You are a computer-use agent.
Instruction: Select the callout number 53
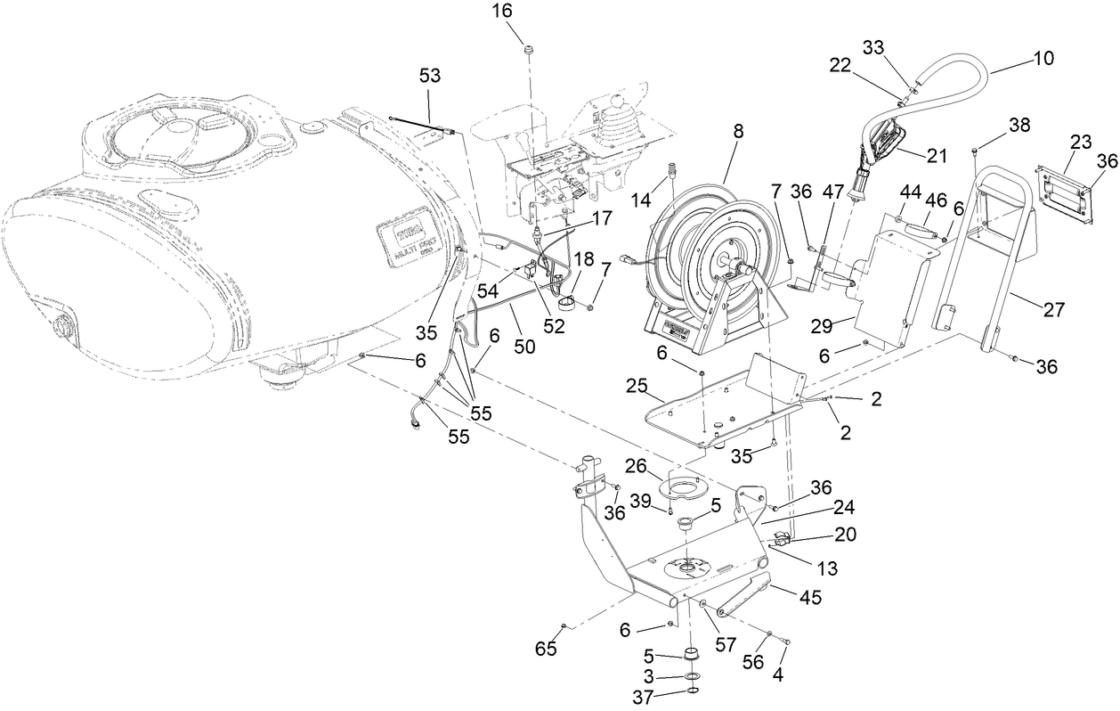click(x=430, y=78)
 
